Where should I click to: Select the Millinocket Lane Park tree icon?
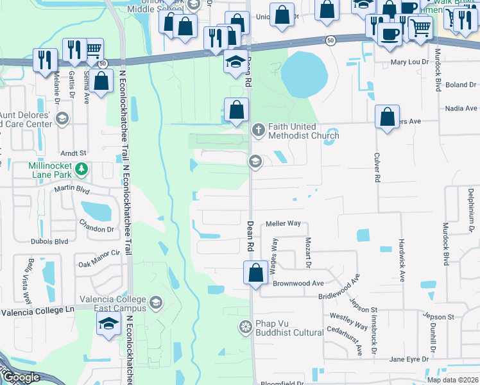click(x=81, y=169)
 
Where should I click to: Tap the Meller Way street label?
click(x=283, y=223)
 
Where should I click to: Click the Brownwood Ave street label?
click(x=298, y=283)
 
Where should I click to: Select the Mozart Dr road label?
click(x=308, y=251)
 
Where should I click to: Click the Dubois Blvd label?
click(x=49, y=242)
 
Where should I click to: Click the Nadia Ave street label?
click(x=461, y=108)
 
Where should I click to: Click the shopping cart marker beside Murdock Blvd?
click(x=420, y=27)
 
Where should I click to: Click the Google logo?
click(x=21, y=377)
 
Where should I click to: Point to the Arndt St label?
click(x=73, y=153)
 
